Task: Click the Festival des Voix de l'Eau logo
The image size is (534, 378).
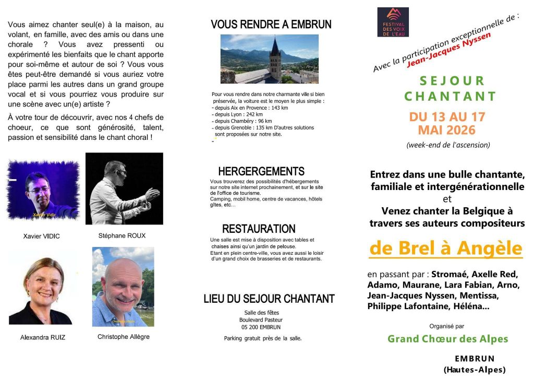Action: pos(393,22)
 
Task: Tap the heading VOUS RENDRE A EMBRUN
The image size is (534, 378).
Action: pos(271,24)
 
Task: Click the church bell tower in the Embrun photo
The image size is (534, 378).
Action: pos(275,57)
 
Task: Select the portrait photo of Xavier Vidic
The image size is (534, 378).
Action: pos(43,191)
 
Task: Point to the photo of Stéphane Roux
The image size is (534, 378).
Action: pos(124,188)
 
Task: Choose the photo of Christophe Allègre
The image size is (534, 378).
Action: pos(123,287)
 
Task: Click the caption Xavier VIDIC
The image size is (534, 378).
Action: pos(42,237)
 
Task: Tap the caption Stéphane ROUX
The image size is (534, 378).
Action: pos(122,236)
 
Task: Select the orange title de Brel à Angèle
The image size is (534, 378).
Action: pos(445,249)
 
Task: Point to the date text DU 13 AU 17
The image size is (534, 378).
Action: pos(447,116)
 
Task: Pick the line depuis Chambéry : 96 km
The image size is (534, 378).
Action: pos(243,121)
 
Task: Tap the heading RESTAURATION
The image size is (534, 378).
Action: pos(259,229)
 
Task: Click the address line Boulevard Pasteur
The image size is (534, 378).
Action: pos(260,320)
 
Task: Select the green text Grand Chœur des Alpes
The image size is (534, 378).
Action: pos(447,339)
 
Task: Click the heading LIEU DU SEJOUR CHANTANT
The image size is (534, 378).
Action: pos(269,299)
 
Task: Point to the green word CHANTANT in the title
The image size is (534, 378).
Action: pos(450,96)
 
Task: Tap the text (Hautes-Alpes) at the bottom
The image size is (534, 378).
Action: pos(475,370)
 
